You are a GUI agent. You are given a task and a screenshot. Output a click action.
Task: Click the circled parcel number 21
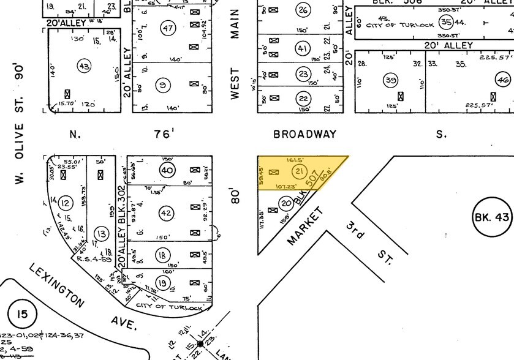(x=300, y=171)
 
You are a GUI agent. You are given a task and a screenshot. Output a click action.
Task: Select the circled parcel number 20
(x=286, y=203)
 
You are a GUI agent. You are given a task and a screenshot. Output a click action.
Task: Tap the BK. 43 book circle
(x=491, y=217)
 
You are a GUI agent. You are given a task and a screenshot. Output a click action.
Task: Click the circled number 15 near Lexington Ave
(x=21, y=315)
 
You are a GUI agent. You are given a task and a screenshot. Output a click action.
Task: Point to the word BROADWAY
(x=305, y=133)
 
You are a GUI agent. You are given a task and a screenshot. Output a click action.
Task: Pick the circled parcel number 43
(x=84, y=66)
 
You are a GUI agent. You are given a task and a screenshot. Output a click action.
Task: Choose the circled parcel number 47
(x=168, y=28)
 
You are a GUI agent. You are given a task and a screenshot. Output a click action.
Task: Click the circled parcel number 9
(x=163, y=85)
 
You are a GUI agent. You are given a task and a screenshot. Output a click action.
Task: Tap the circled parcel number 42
(x=166, y=212)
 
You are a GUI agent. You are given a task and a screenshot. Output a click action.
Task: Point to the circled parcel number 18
(x=163, y=255)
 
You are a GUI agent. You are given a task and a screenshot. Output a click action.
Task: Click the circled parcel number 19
(x=163, y=282)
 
